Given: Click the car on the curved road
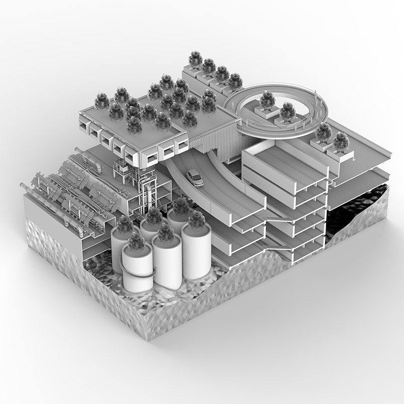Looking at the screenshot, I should click(195, 178).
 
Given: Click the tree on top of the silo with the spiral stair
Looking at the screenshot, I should click(136, 241).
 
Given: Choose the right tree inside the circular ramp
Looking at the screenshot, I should click(287, 111).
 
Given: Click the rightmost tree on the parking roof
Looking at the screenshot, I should click(341, 141).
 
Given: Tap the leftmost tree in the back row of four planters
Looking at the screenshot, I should click(196, 59).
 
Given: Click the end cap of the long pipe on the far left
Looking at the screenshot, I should click(22, 186).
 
